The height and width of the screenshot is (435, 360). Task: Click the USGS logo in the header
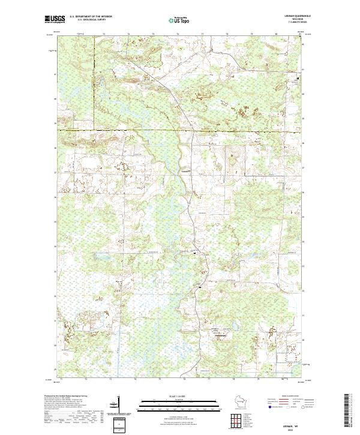[55, 19]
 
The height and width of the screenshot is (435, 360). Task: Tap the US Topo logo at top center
[179, 20]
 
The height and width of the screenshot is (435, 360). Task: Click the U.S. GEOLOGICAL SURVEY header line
[88, 19]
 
